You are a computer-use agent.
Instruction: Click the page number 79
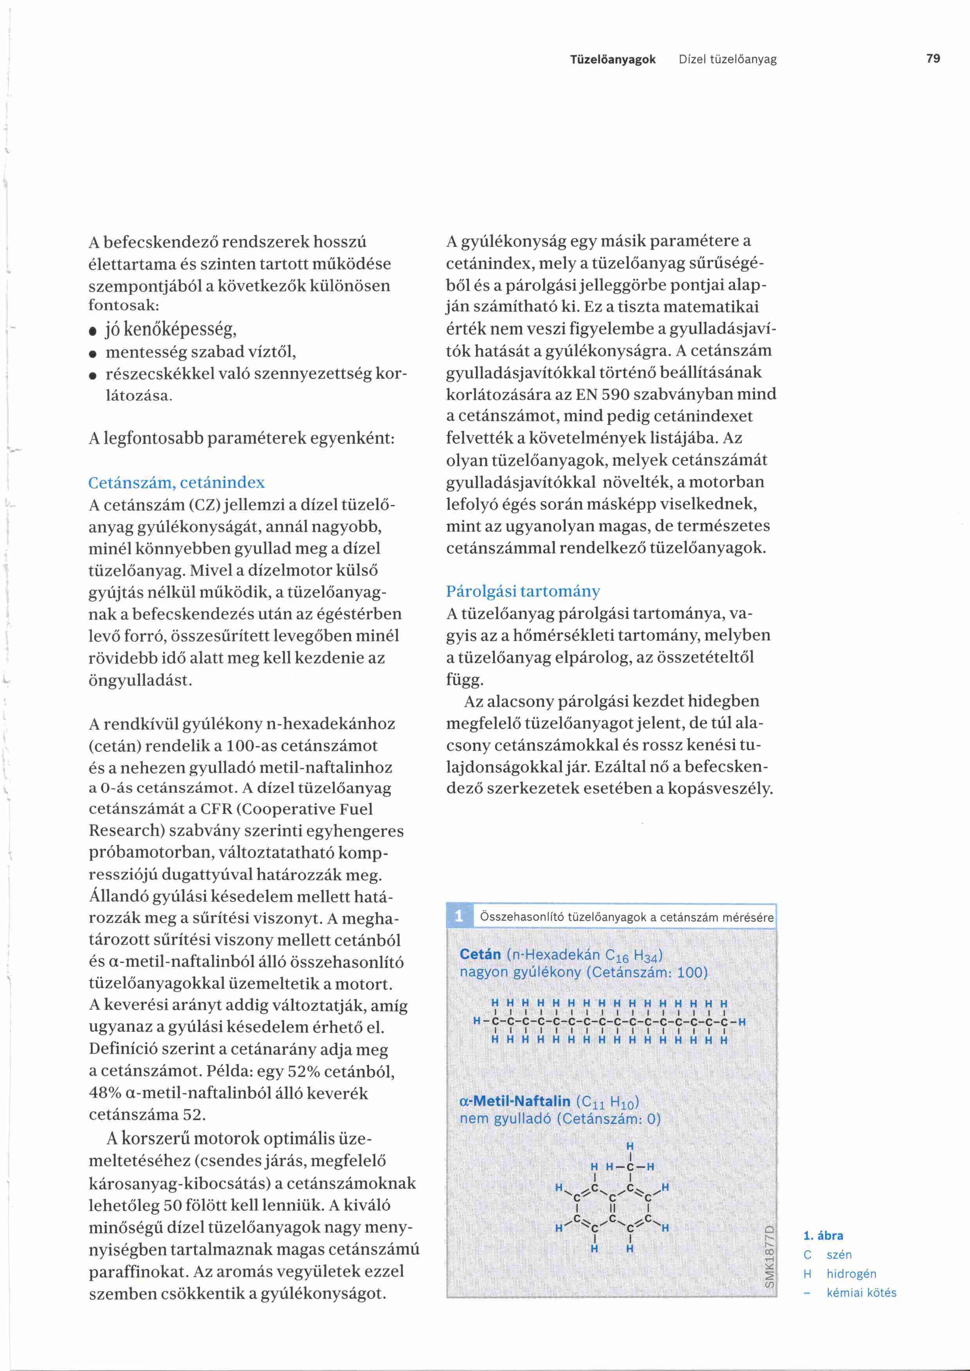click(932, 59)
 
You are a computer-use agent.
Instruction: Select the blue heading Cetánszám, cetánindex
click(176, 482)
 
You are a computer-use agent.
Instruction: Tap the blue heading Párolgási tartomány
click(523, 591)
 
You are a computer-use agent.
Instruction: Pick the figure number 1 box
click(459, 916)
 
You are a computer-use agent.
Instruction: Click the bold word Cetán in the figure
click(480, 954)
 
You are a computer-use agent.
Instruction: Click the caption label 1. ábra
click(823, 1235)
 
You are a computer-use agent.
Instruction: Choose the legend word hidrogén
click(851, 1274)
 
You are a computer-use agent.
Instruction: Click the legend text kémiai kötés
click(861, 1293)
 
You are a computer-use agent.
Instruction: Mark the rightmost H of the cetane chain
click(742, 1022)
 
